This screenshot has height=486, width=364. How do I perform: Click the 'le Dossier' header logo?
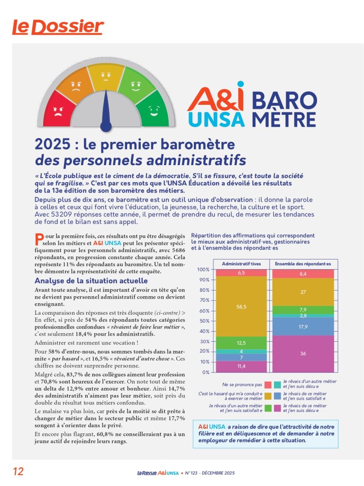point(57,27)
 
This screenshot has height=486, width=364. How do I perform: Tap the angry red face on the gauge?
point(59,111)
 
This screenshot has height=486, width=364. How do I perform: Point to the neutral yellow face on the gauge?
point(106,75)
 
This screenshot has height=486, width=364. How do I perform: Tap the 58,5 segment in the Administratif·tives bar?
point(241,307)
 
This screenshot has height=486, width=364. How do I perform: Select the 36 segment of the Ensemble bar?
point(303,354)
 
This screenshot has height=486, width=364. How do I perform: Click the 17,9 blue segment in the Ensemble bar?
point(303,327)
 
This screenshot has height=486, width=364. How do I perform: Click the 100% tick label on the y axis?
point(204,270)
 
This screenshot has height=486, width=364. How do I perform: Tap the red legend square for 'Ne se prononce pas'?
point(268,385)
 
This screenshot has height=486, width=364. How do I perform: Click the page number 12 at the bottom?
point(18,471)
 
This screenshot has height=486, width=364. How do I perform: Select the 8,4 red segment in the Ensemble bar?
point(303,274)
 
